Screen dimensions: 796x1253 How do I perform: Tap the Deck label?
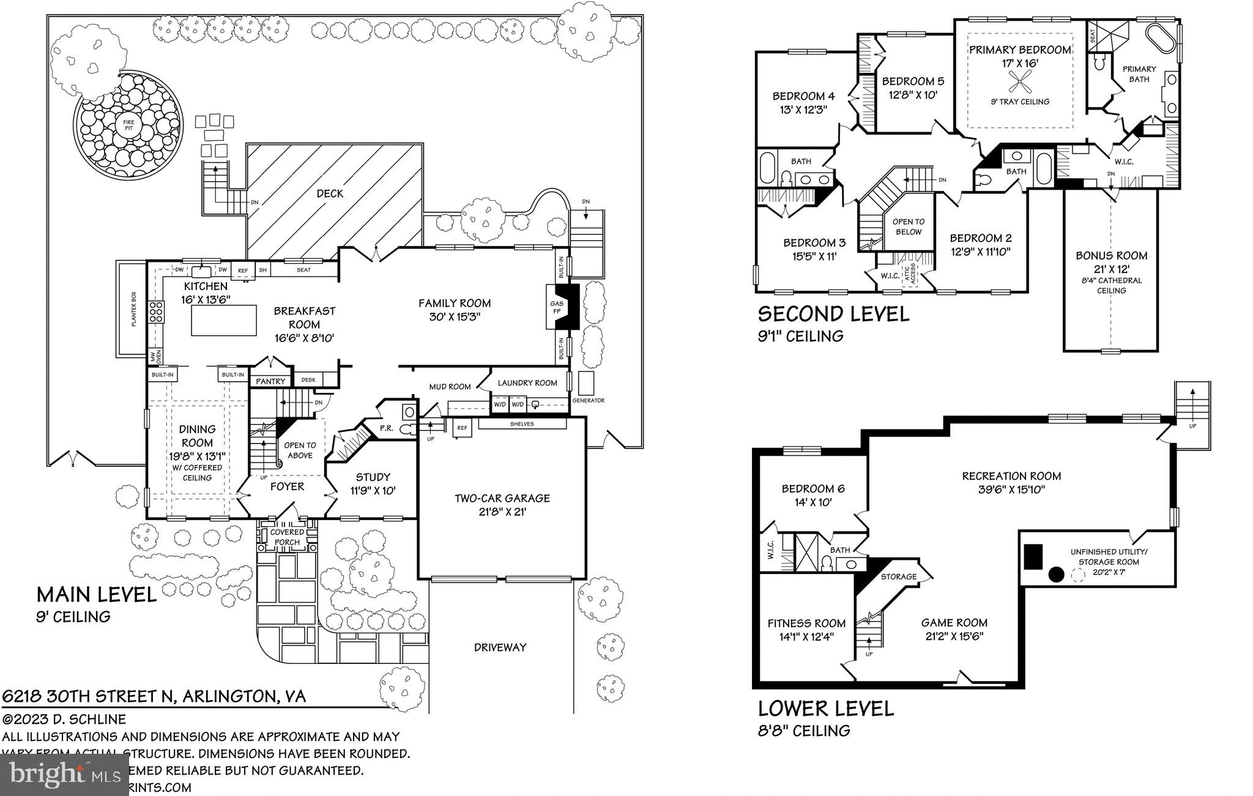[x=330, y=193]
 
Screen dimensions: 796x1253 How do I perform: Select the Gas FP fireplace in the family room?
[x=557, y=307]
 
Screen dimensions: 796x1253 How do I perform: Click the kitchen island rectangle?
[x=224, y=321]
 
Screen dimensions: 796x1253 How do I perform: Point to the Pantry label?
[x=270, y=381]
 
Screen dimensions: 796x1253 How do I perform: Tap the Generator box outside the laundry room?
[x=586, y=383]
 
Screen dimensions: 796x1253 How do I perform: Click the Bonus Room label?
[x=1111, y=255]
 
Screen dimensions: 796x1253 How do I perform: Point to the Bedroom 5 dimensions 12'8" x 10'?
[x=912, y=95]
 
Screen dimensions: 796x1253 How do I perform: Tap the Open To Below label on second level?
[x=908, y=226]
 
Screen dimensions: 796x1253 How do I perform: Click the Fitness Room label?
[x=806, y=623]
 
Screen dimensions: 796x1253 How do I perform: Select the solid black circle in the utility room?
[x=1055, y=574]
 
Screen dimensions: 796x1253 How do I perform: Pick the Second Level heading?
[x=833, y=314]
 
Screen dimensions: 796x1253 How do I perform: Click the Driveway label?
[x=500, y=647]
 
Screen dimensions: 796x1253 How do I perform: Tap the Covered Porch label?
[x=287, y=537]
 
